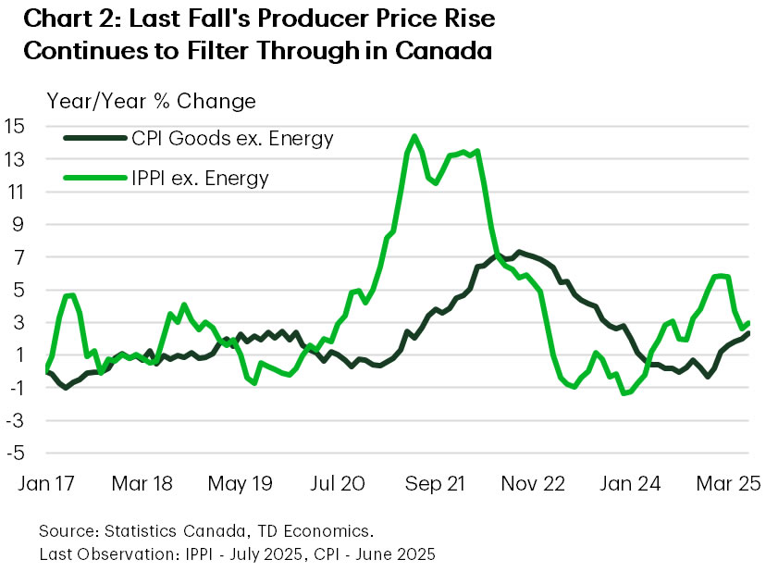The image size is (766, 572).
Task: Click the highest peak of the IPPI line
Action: (414, 137)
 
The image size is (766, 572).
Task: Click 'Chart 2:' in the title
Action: (69, 19)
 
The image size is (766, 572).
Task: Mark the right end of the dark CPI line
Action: (747, 333)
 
